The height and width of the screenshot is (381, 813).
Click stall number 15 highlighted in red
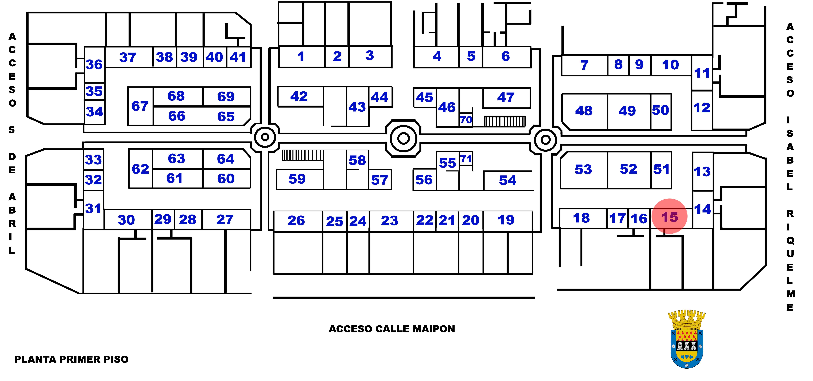coord(669,217)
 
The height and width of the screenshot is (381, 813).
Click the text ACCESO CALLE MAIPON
coord(392,329)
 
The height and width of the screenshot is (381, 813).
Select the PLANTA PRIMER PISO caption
coord(72,359)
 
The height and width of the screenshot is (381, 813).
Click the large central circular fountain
coord(403,138)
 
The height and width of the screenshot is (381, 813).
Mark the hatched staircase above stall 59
coord(302,155)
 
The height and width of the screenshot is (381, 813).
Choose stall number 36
coord(94,65)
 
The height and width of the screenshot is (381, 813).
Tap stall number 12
coord(702,108)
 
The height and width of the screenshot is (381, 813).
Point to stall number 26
coord(296,221)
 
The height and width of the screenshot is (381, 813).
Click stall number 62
coord(140,169)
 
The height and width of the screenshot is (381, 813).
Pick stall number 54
coord(507,180)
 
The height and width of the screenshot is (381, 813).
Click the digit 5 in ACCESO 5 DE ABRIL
coord(12,130)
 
